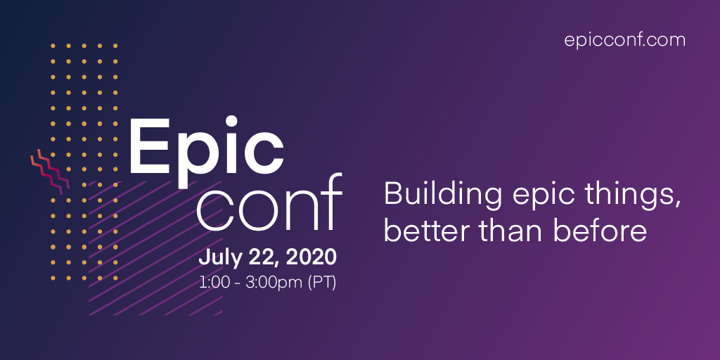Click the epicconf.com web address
(x=624, y=40)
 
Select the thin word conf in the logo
(x=269, y=202)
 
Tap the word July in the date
(x=219, y=257)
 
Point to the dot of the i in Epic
(x=229, y=122)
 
